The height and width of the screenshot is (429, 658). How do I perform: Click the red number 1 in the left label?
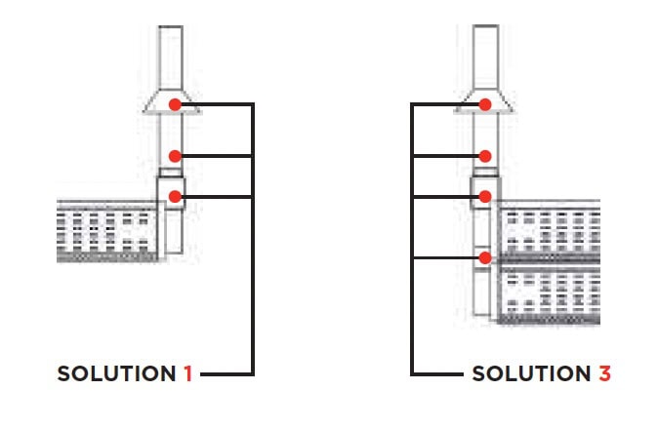point(187,373)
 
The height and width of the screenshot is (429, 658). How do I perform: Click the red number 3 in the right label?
point(604,373)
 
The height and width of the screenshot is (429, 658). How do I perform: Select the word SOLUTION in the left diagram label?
point(117,373)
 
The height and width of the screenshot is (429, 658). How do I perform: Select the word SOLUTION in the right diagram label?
point(531,373)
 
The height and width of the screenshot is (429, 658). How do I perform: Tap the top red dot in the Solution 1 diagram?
point(174,104)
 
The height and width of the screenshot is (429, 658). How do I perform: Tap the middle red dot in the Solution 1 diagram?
point(174,156)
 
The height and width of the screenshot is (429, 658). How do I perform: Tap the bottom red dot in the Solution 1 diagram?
point(174,197)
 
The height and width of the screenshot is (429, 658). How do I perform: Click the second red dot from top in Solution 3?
point(483,156)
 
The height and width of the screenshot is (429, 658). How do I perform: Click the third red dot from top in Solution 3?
point(483,197)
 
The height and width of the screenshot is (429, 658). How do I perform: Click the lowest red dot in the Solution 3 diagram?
point(483,258)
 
